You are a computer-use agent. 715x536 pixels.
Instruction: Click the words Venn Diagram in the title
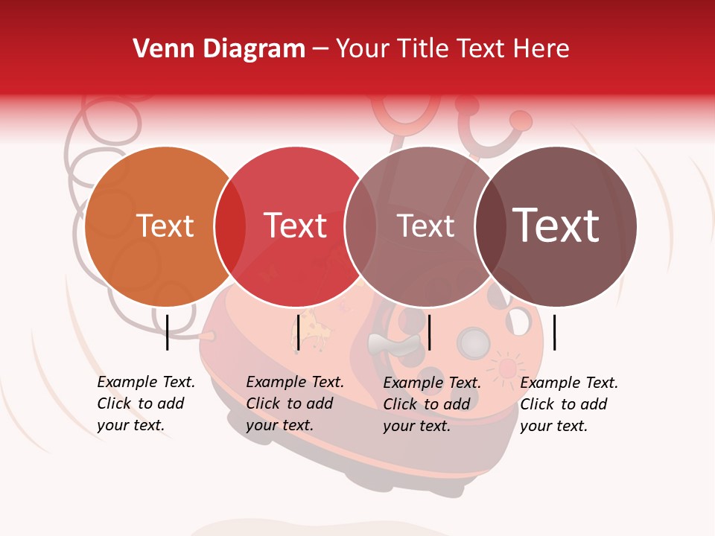pyautogui.click(x=219, y=49)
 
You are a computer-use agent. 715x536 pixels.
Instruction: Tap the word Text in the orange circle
pyautogui.click(x=165, y=226)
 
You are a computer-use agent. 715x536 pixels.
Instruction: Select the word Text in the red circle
pyautogui.click(x=295, y=226)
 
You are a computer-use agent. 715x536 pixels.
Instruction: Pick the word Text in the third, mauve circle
pyautogui.click(x=425, y=226)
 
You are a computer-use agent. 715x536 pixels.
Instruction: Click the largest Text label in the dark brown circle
pyautogui.click(x=556, y=226)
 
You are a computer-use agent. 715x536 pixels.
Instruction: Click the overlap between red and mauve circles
pyautogui.click(x=360, y=226)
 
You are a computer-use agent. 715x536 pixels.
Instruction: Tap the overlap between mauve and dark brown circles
pyautogui.click(x=490, y=226)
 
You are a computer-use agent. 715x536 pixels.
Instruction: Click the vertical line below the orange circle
pyautogui.click(x=167, y=332)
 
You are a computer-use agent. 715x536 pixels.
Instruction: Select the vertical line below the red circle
pyautogui.click(x=298, y=332)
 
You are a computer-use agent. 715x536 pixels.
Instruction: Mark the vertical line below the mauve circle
pyautogui.click(x=429, y=332)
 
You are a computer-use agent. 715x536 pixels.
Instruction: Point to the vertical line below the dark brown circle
pyautogui.click(x=554, y=332)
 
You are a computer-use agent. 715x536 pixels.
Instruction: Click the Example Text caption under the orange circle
pyautogui.click(x=145, y=403)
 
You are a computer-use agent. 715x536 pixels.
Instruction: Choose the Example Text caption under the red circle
pyautogui.click(x=294, y=403)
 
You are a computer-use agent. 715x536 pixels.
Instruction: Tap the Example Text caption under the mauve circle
pyautogui.click(x=431, y=404)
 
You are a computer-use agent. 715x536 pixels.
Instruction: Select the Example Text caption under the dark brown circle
pyautogui.click(x=568, y=404)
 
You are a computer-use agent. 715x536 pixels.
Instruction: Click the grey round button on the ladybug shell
pyautogui.click(x=472, y=343)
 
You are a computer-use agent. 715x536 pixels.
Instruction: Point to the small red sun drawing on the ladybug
pyautogui.click(x=506, y=368)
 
